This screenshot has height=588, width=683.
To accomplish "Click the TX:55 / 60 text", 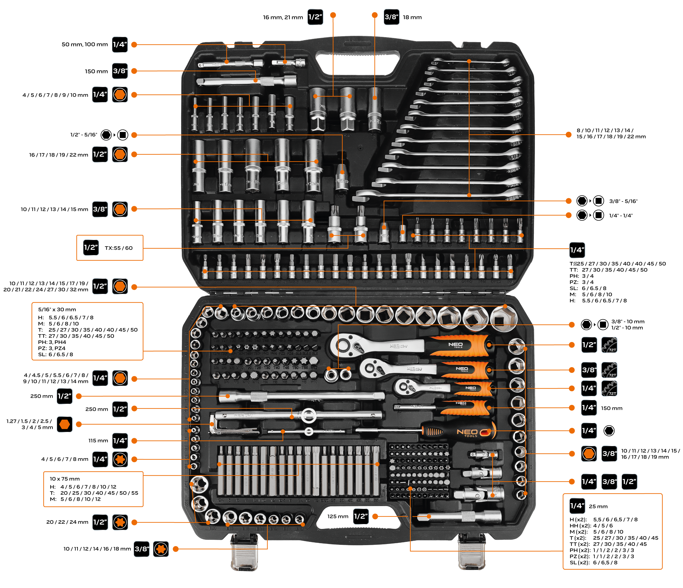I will tap(118, 248).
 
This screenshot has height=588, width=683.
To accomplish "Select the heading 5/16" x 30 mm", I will tap(57, 309).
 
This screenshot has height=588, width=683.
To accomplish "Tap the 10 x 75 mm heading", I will tap(64, 478).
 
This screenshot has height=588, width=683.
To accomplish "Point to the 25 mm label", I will tap(598, 506).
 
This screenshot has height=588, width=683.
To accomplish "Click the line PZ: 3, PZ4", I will tap(52, 348).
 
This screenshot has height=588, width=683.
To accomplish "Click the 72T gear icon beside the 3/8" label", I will tap(609, 370).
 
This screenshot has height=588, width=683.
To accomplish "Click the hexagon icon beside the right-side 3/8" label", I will tap(589, 454).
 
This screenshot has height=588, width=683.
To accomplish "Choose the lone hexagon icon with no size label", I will tap(64, 424).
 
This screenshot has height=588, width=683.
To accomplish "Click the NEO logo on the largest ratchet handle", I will tap(455, 345).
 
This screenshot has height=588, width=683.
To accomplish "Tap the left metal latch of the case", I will tap(244, 554).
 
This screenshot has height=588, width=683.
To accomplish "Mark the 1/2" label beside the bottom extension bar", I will tap(361, 516).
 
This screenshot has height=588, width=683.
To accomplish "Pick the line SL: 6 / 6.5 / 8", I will tap(55, 355).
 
